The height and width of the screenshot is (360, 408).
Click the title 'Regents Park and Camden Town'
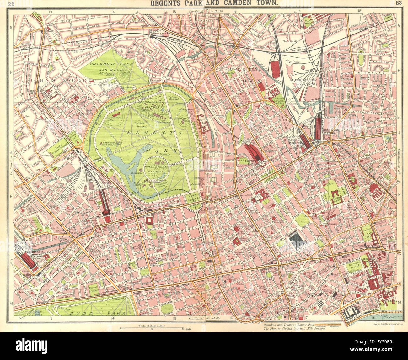click(214, 3)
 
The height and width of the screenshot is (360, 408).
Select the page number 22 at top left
click(11, 3)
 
